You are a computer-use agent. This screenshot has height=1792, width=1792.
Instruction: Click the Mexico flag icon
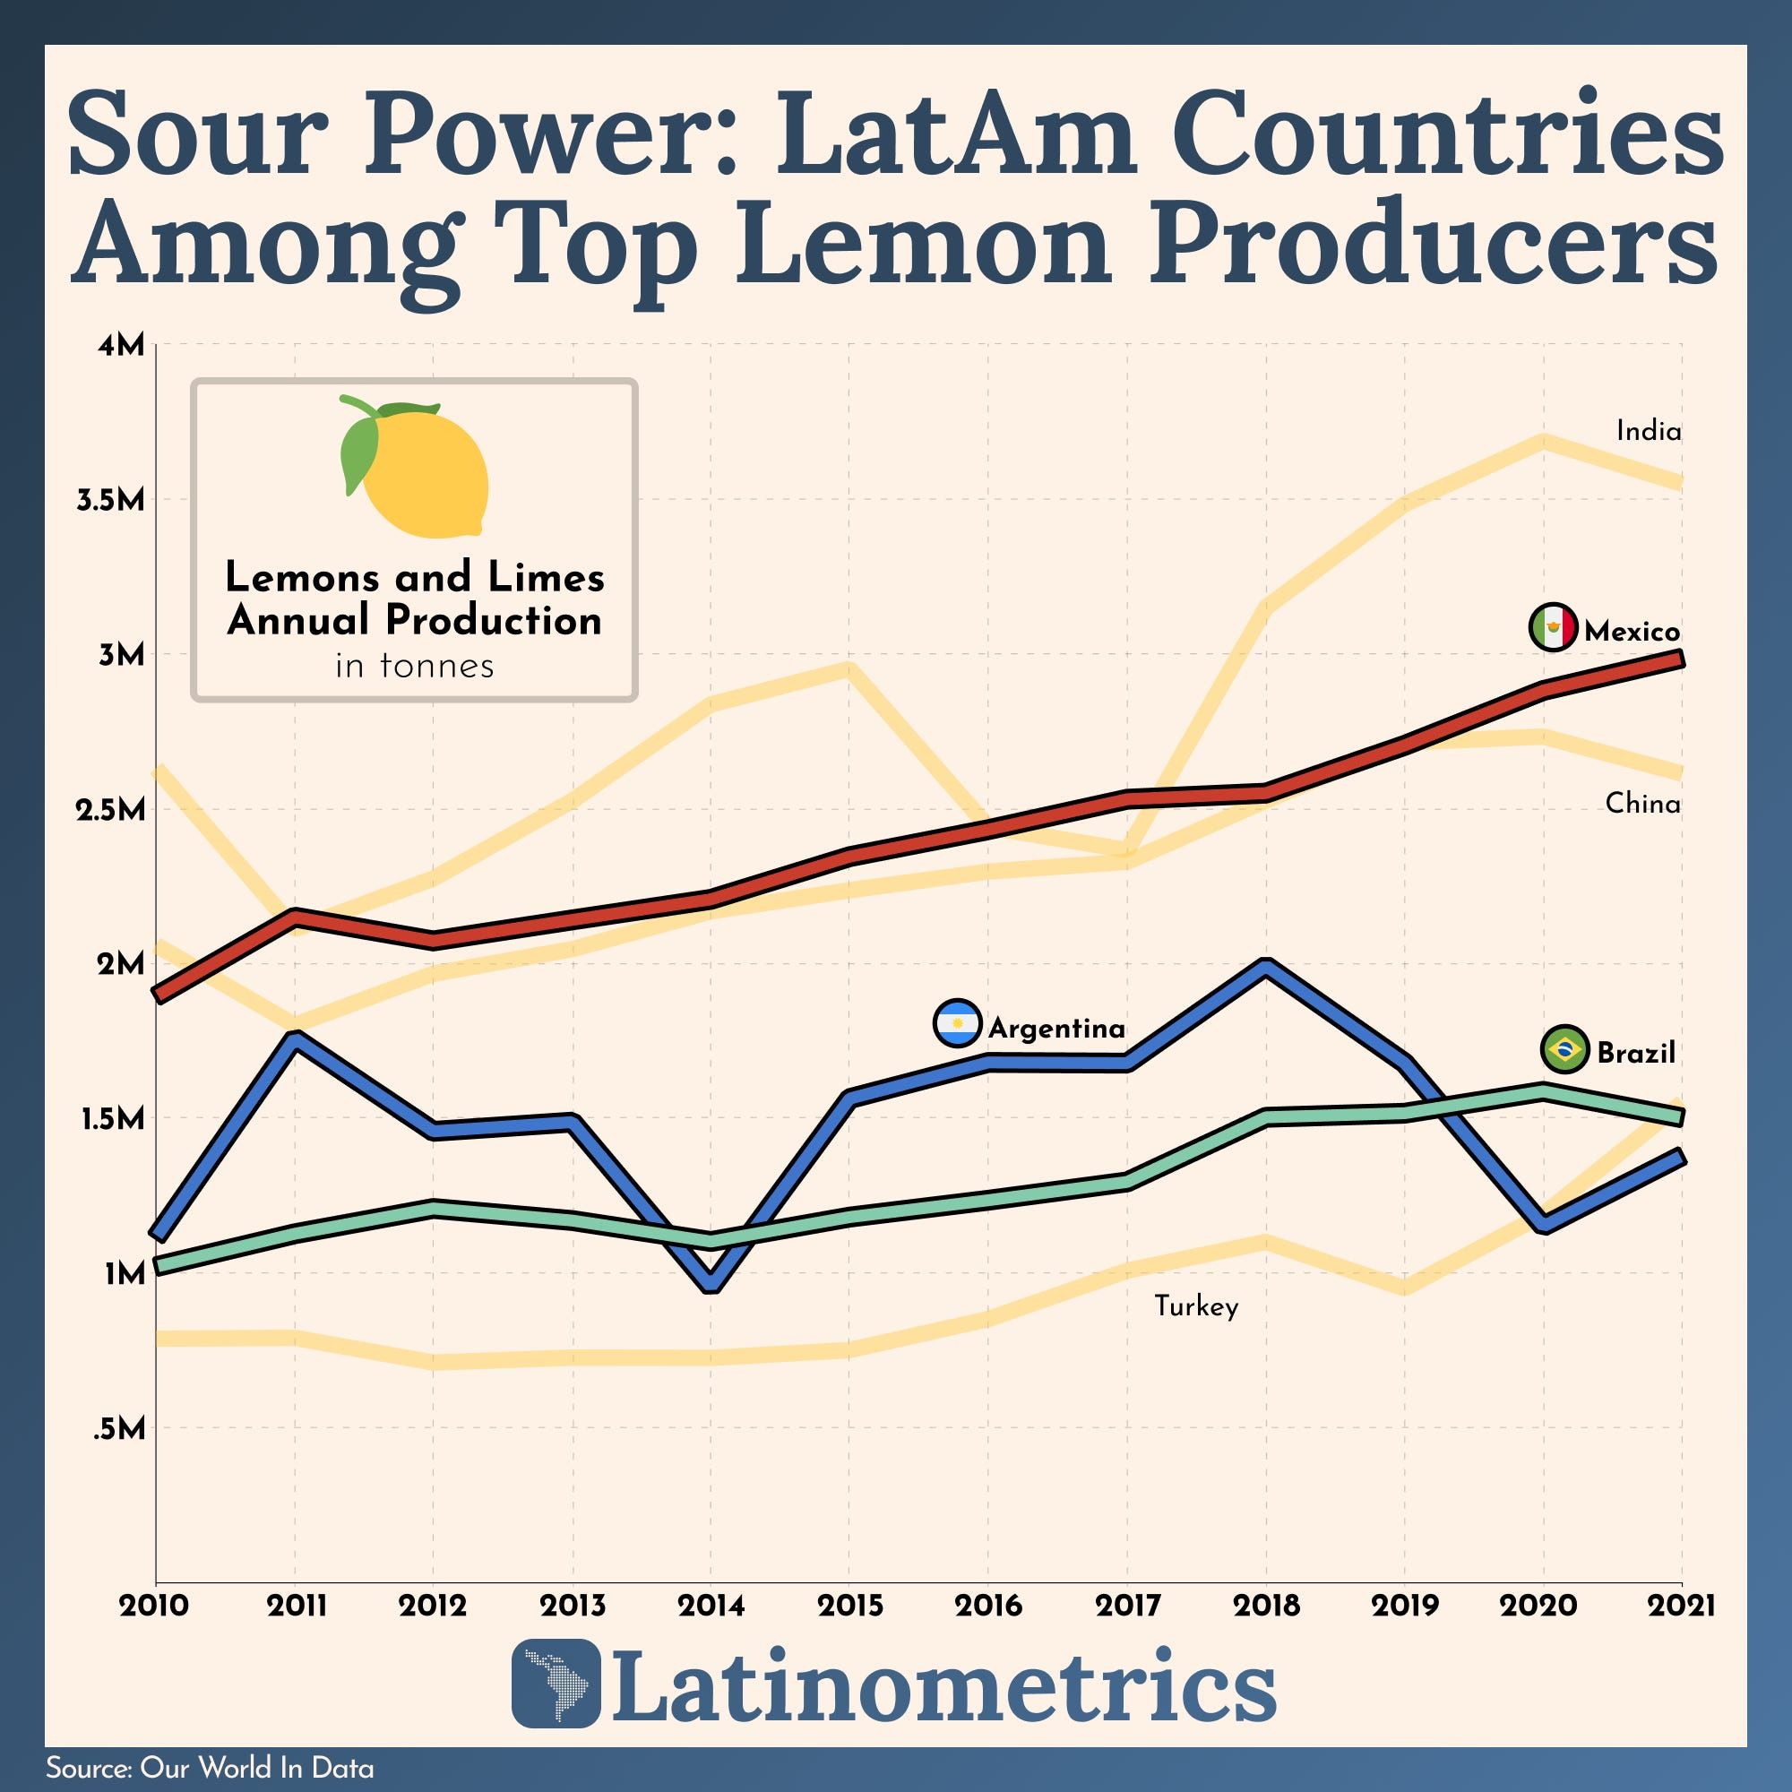click(1552, 628)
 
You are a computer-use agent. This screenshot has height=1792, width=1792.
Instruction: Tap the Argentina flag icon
click(956, 1024)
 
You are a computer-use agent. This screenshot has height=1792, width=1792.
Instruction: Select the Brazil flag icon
click(1563, 1050)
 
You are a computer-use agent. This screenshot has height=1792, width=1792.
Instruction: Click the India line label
click(1649, 431)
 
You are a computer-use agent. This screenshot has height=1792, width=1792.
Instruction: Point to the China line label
click(1642, 803)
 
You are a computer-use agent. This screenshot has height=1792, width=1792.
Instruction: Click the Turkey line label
click(1195, 1307)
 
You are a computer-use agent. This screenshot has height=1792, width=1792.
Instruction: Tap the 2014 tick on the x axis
click(711, 1606)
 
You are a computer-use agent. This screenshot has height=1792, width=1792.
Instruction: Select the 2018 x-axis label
click(1266, 1606)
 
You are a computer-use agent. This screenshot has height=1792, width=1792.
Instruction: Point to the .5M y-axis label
click(120, 1429)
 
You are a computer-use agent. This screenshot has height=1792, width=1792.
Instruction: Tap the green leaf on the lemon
click(360, 453)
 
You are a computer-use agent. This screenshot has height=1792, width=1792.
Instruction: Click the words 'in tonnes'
click(415, 666)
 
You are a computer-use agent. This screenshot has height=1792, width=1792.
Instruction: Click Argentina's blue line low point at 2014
click(711, 1285)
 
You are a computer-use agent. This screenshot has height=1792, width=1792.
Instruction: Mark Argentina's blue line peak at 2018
click(1266, 966)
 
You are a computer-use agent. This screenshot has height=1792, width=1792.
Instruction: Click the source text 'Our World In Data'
click(257, 1768)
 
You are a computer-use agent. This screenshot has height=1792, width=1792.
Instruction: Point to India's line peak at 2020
click(1544, 440)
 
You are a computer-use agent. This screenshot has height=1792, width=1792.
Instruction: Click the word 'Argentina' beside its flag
click(1056, 1028)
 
